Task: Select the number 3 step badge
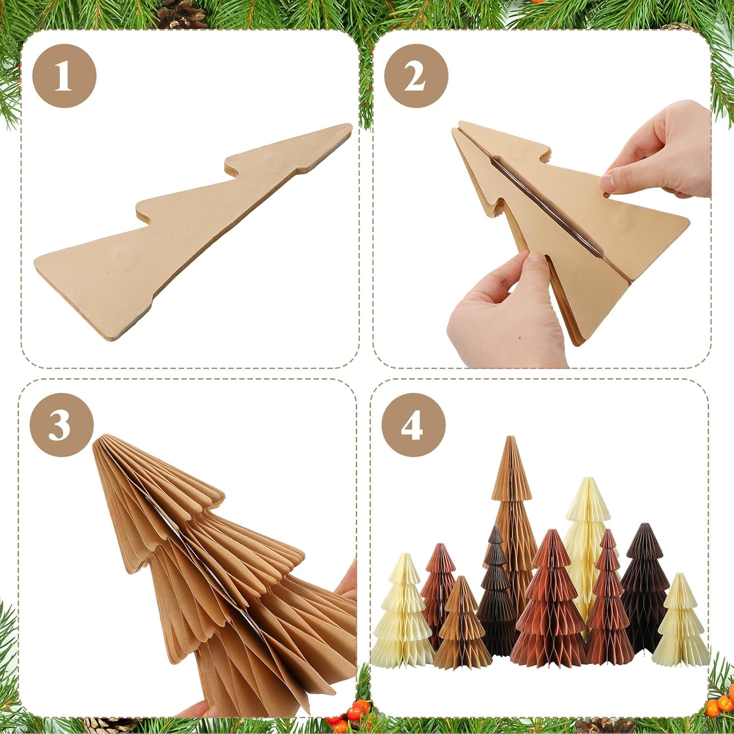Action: [61, 424]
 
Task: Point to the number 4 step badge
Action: [413, 424]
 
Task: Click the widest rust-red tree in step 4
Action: [550, 607]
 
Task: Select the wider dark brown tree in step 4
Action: [645, 582]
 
